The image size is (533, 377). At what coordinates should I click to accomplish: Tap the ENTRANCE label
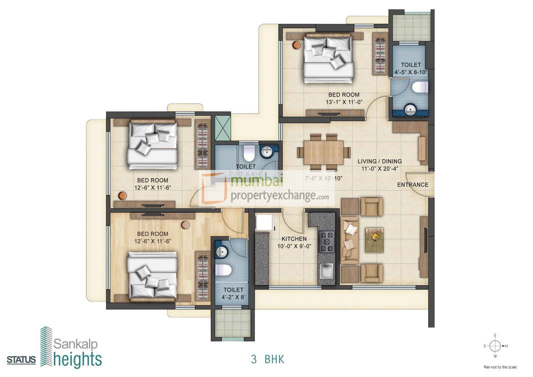click(413, 184)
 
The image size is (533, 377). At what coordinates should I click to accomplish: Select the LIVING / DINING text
click(380, 161)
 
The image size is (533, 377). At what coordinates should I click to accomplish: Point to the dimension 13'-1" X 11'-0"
click(343, 102)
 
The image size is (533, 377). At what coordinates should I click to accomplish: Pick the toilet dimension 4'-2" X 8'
click(233, 297)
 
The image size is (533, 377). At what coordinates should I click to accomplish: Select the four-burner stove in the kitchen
click(327, 241)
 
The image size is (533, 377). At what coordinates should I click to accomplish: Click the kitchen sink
click(327, 272)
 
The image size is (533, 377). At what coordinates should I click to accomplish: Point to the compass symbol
click(495, 345)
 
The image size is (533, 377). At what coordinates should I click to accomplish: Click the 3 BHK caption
click(267, 358)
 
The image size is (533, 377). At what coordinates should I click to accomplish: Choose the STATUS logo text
click(21, 360)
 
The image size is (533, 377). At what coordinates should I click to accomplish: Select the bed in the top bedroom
click(328, 58)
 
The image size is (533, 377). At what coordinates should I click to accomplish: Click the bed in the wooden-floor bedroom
click(152, 275)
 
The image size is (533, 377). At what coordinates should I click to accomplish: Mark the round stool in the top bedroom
click(296, 45)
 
